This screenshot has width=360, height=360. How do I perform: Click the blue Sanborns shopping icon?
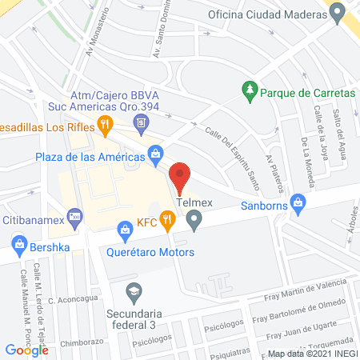click(299, 202)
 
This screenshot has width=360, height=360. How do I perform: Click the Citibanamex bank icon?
click(76, 215)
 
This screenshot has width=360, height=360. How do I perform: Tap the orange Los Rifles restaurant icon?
click(104, 124)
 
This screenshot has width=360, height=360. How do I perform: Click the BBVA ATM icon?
click(141, 122)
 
